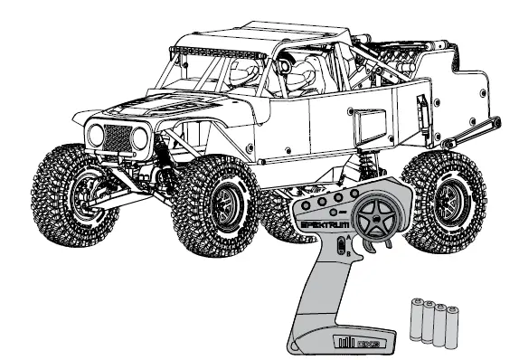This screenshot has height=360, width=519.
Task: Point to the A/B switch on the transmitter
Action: click(340, 245)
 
